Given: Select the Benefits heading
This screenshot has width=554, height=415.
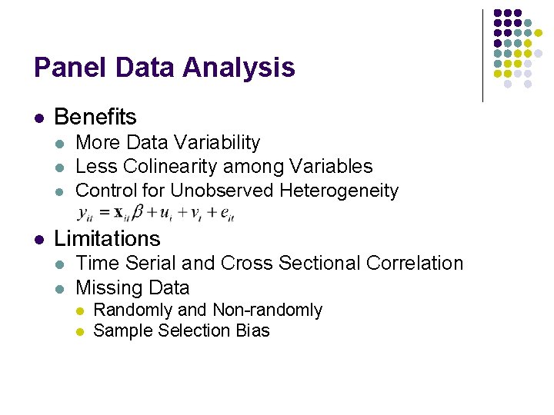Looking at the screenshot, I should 95,117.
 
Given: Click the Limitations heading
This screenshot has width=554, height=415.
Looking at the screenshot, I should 107,238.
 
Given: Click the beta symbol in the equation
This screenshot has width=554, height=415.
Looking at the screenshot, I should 138,211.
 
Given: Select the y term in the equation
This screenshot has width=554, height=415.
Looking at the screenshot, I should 84,213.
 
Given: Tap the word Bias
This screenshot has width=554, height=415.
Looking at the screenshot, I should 254,331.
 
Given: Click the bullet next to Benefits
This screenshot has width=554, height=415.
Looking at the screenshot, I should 38,118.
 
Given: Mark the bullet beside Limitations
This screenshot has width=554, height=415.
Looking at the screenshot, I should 38,240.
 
